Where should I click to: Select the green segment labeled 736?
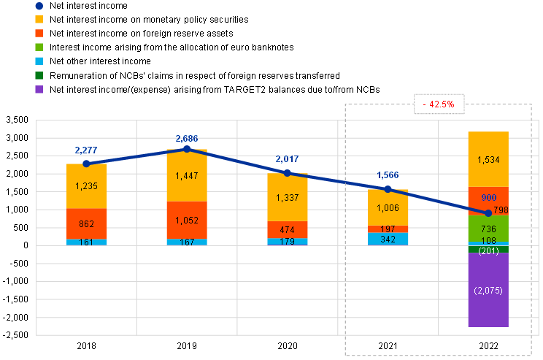[x=488, y=229]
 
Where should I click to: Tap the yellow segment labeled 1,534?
[x=488, y=159]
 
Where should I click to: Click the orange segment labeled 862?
[x=87, y=223]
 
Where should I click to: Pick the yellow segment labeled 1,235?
[x=87, y=185]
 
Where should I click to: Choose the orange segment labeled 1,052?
[x=187, y=220]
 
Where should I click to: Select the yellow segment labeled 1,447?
[x=187, y=176]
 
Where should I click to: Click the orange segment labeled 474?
[x=288, y=229]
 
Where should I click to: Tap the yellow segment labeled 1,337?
[x=288, y=197]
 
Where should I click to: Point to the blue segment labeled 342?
[x=388, y=239]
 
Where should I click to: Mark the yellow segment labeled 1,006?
[x=388, y=207]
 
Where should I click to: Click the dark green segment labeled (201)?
[x=488, y=250]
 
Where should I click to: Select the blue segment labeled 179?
[x=288, y=242]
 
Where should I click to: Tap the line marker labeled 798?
[x=488, y=212]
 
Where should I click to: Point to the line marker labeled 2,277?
[x=87, y=164]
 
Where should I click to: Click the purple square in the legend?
[x=39, y=89]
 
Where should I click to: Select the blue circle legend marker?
[x=39, y=6]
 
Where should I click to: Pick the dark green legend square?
[x=39, y=75]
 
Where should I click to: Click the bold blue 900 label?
[x=488, y=198]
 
